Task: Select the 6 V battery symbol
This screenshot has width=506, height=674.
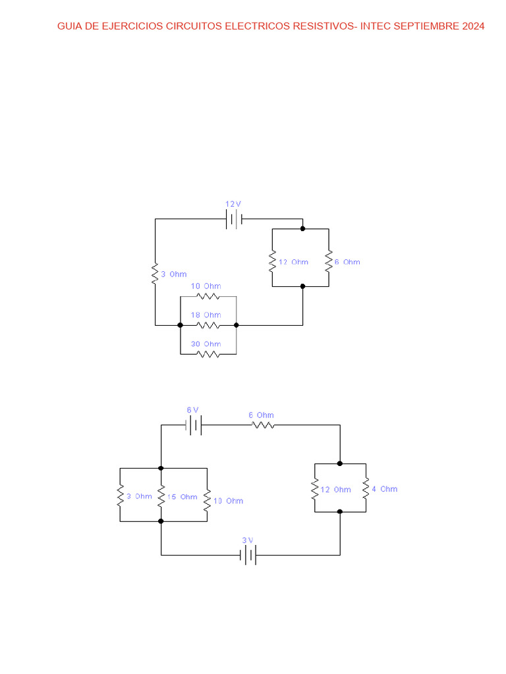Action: click(x=193, y=425)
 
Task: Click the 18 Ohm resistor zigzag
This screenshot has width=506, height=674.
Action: click(x=208, y=325)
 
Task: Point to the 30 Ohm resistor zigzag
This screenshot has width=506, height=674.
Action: click(x=208, y=354)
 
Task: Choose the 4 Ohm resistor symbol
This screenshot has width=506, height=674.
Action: click(x=366, y=488)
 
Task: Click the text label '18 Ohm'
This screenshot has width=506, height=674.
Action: click(x=206, y=315)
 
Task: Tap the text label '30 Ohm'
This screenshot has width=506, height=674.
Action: click(x=206, y=344)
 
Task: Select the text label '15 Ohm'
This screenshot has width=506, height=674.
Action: click(x=182, y=497)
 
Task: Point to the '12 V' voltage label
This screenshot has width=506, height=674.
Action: click(x=233, y=205)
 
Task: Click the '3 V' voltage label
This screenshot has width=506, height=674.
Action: click(x=247, y=540)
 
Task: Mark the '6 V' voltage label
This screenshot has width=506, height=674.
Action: click(x=192, y=410)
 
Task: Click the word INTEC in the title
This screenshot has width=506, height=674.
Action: click(x=376, y=27)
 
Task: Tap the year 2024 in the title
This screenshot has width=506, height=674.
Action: click(x=472, y=27)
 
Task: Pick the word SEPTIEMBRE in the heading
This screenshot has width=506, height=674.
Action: click(x=426, y=27)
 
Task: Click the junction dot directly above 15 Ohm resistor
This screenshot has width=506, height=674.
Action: click(x=161, y=468)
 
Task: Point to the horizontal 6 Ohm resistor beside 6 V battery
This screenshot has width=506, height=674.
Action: click(x=262, y=425)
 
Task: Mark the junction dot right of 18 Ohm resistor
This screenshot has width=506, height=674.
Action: click(x=236, y=325)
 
